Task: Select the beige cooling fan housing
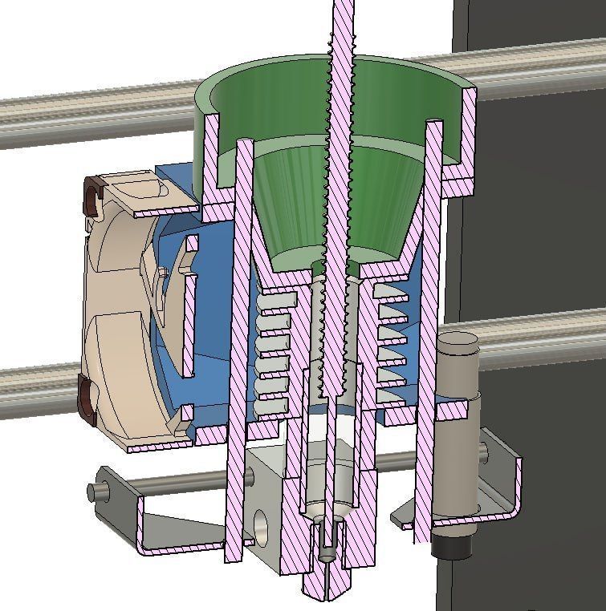[x=120, y=321]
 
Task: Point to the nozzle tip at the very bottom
[x=327, y=593]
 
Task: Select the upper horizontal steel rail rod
[x=96, y=116]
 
